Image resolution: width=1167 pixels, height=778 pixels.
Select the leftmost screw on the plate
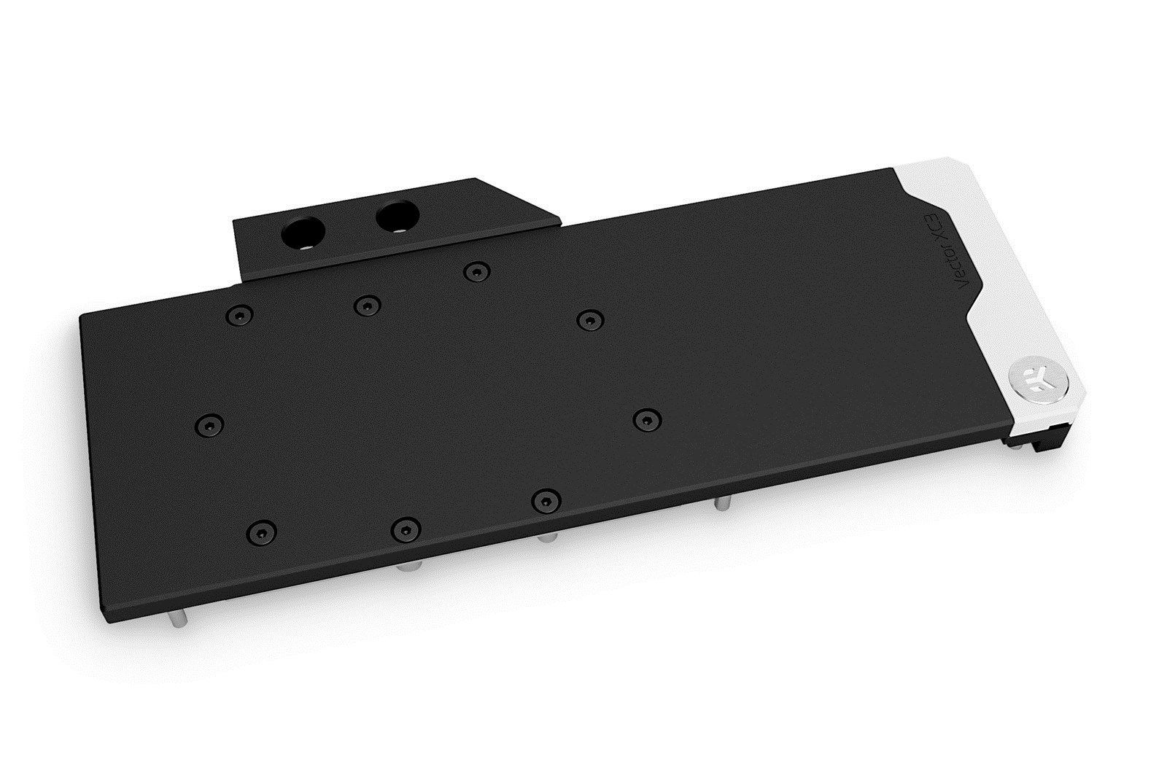tap(210, 423)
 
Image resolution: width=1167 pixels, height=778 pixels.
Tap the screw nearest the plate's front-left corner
tap(262, 529)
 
